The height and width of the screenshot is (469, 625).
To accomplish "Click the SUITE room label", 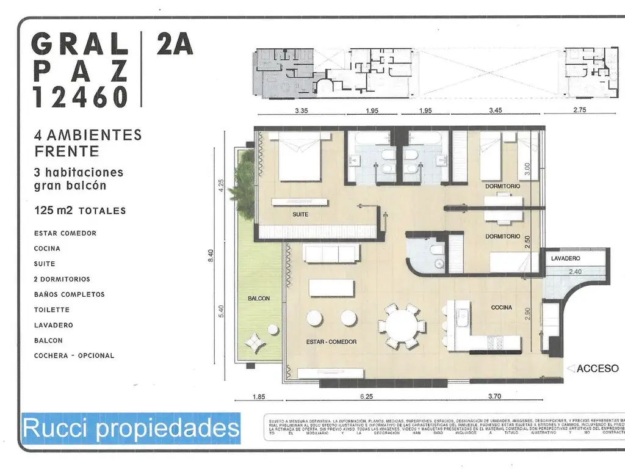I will click(300, 215).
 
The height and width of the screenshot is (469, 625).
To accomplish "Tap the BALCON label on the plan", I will click(259, 299).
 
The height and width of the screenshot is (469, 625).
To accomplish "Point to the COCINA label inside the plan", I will click(502, 308).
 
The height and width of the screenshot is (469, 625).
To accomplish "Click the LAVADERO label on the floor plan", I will click(565, 259).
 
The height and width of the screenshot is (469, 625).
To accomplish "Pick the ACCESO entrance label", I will click(598, 368).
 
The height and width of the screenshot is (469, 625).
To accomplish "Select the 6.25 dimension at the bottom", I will click(366, 396).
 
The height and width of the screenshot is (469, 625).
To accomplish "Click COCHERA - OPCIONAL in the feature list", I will click(74, 355).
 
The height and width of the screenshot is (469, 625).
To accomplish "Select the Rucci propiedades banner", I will click(131, 428).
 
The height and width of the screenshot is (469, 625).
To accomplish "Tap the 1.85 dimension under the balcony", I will click(259, 397).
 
